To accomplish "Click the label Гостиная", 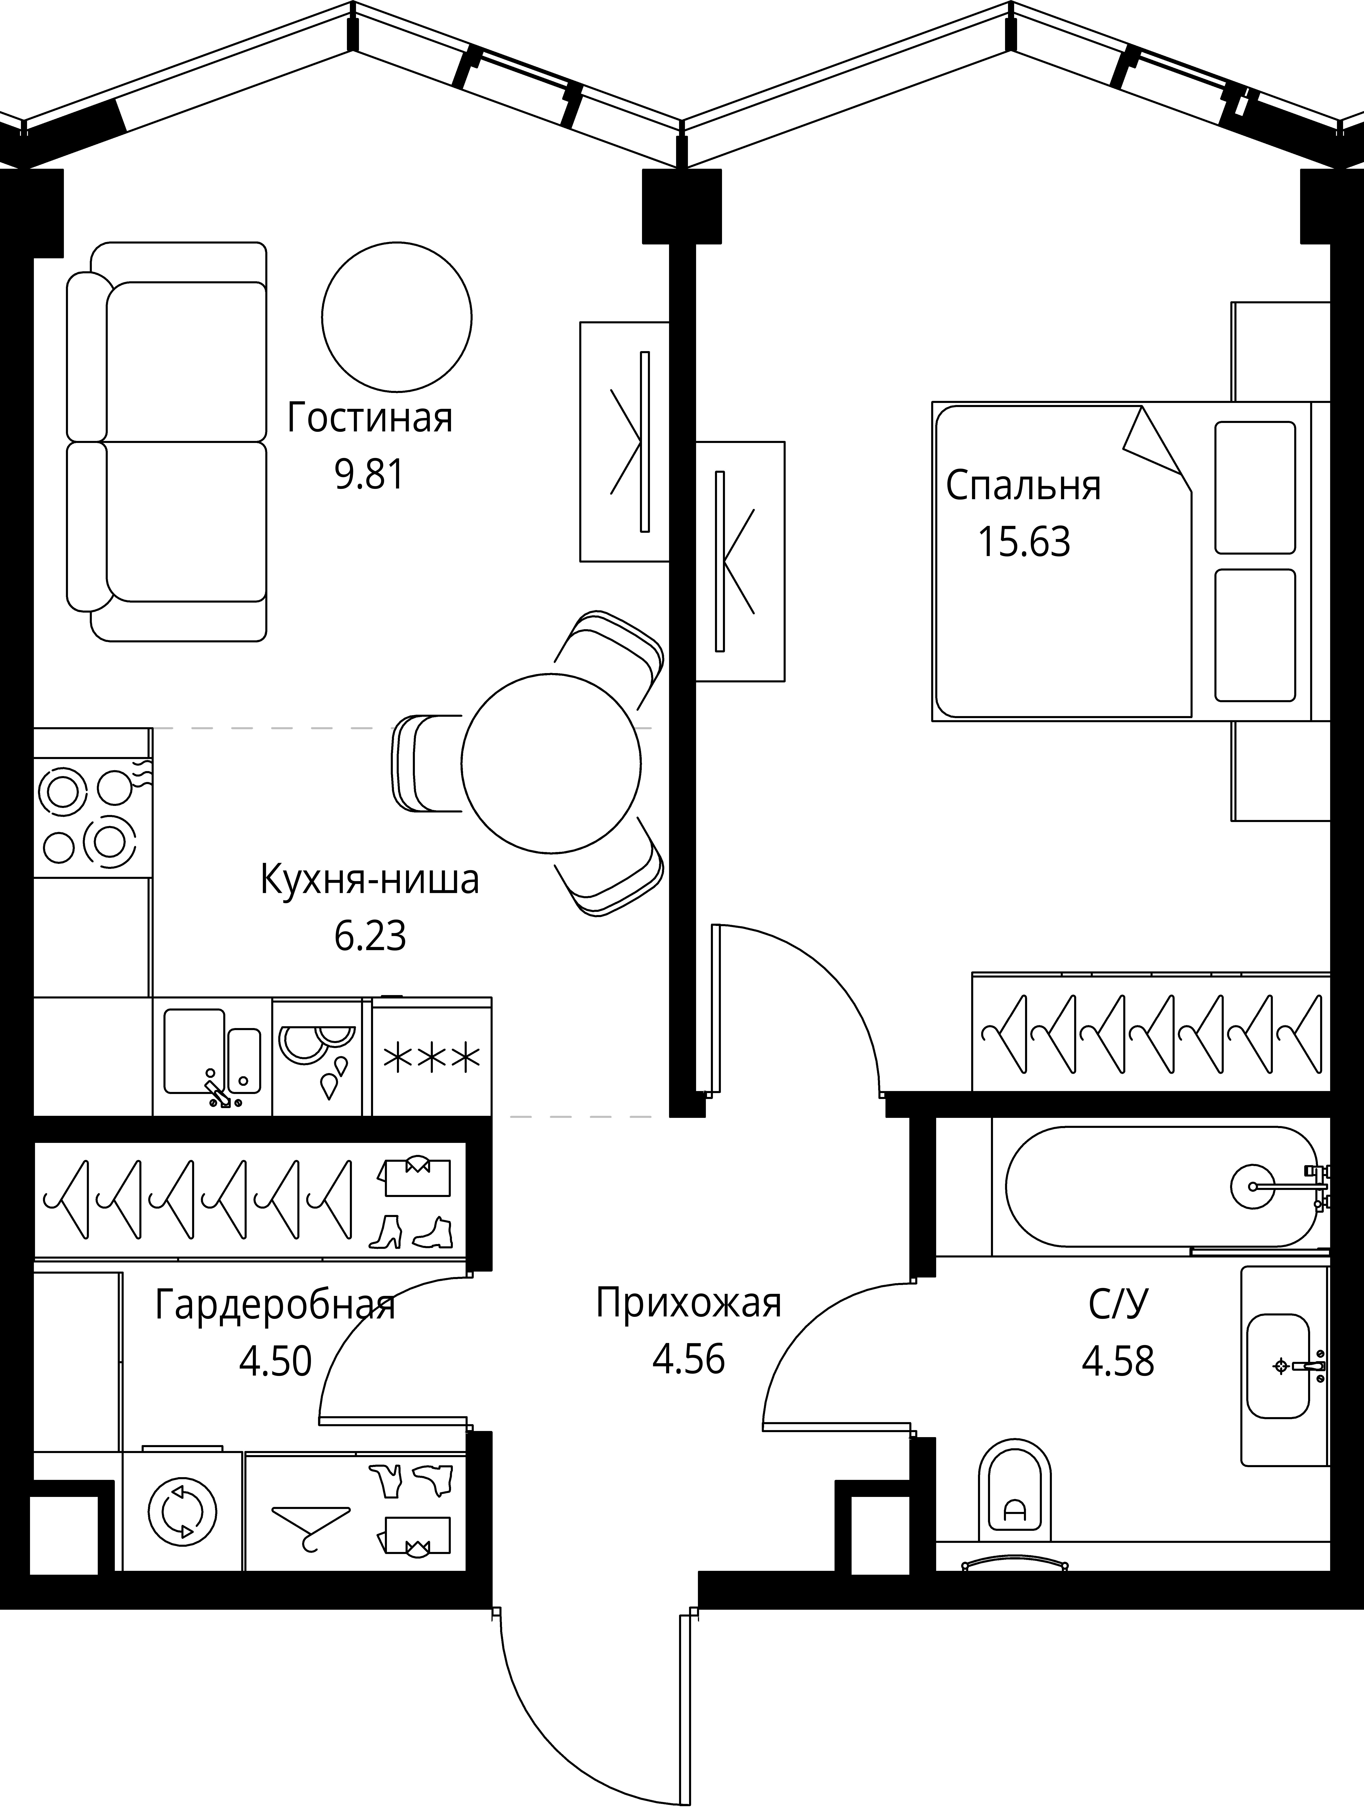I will pyautogui.click(x=369, y=418).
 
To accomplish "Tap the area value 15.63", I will pyautogui.click(x=1024, y=542).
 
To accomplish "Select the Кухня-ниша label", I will pyautogui.click(x=369, y=880).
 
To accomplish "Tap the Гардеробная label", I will pyautogui.click(x=275, y=1305).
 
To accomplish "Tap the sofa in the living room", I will pyautogui.click(x=168, y=441).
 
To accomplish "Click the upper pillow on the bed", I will pyautogui.click(x=1254, y=487).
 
